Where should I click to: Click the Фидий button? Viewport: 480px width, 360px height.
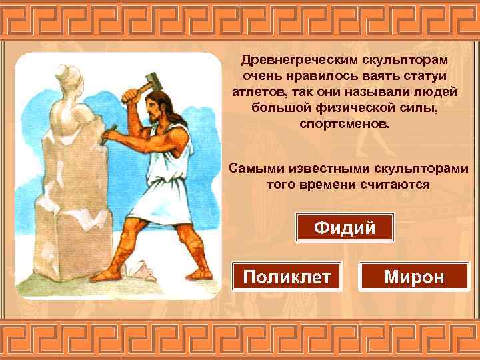[345, 228]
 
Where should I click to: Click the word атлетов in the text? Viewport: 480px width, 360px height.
[257, 91]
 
